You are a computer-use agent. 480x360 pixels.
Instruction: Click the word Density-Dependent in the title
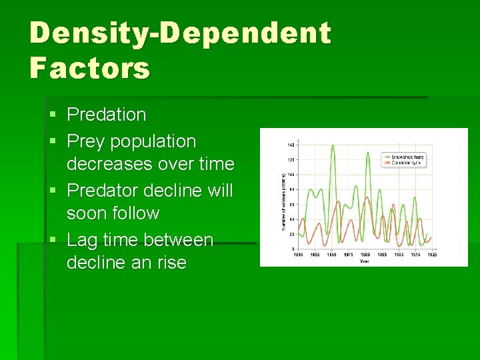coord(180,33)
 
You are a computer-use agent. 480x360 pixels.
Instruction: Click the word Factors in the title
coord(90,67)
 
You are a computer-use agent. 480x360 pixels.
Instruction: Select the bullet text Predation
coord(106,115)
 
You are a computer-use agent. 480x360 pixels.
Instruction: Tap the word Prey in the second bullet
coord(86,141)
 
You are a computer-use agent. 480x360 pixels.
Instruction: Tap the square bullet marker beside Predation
coord(53,115)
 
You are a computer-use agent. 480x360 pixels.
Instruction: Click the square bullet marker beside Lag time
coord(53,240)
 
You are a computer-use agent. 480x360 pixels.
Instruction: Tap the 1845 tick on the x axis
coord(299,254)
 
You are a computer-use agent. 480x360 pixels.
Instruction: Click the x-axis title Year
coord(364,261)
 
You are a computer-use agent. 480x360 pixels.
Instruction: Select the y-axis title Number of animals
coord(283,197)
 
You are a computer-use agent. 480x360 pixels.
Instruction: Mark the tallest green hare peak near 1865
coord(332,145)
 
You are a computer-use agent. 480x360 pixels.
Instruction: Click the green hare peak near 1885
coord(367,153)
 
